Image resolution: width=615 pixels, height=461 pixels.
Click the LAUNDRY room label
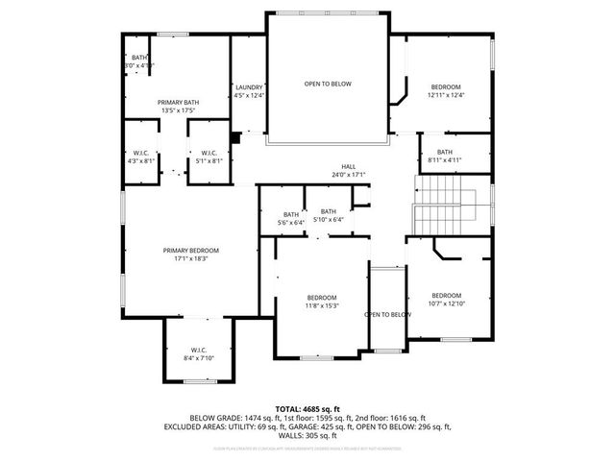pyautogui.click(x=249, y=87)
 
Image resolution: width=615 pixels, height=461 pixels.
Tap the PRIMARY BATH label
pyautogui.click(x=178, y=102)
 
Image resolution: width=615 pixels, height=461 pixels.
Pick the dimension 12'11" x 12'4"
pyautogui.click(x=445, y=95)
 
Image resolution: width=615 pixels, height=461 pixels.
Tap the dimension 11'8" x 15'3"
pyautogui.click(x=322, y=305)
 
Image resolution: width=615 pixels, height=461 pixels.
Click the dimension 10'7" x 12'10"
pyautogui.click(x=446, y=303)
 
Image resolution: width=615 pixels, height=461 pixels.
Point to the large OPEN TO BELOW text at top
pyautogui.click(x=328, y=85)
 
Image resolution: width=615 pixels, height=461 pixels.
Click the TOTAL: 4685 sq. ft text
pyautogui.click(x=307, y=409)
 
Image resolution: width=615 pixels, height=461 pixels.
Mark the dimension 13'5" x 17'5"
pyautogui.click(x=178, y=110)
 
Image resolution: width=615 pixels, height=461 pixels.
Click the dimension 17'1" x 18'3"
pyautogui.click(x=184, y=258)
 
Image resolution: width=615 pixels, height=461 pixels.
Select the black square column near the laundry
pyautogui.click(x=236, y=136)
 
